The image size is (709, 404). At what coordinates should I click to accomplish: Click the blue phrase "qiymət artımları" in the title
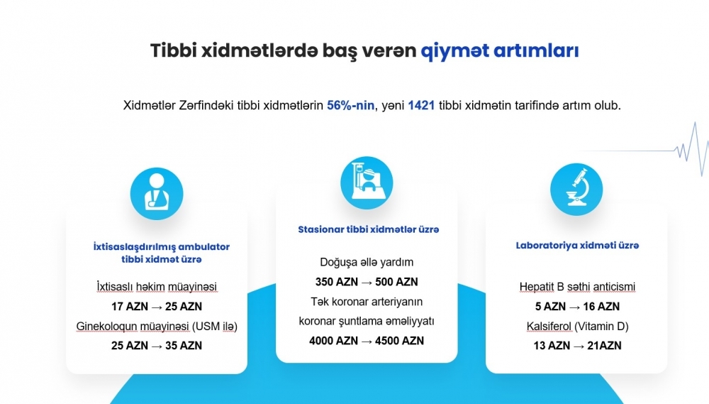tap(500, 50)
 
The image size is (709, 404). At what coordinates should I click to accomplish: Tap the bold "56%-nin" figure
tap(350, 106)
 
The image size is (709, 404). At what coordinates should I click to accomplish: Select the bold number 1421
tap(421, 106)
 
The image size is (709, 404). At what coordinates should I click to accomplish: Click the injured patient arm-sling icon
tap(157, 194)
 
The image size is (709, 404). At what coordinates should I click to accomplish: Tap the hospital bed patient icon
tap(367, 183)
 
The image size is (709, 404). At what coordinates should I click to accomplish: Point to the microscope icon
tap(576, 189)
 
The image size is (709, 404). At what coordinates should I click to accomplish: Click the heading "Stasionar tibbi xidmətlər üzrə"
tap(369, 229)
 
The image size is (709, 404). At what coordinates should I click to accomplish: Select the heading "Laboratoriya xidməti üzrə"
tap(577, 246)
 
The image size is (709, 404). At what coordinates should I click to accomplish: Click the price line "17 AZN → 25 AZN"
tap(157, 307)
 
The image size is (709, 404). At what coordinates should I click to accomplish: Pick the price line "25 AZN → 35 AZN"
tap(157, 346)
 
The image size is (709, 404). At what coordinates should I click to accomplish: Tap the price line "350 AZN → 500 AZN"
tap(367, 282)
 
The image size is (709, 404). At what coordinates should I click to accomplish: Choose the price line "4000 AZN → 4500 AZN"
tap(367, 341)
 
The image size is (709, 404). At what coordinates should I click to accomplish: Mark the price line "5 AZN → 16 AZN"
tap(577, 307)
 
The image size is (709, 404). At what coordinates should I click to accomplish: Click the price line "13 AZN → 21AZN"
tap(577, 346)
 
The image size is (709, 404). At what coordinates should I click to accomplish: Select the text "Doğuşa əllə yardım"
tap(367, 262)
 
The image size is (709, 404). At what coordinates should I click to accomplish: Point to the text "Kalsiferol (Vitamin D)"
tap(577, 326)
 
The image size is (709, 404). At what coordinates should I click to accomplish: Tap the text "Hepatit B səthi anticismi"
tap(577, 287)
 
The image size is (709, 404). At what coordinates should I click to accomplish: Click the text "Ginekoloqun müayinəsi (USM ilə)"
tap(157, 326)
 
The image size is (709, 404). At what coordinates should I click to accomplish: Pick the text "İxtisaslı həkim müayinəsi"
tap(157, 287)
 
